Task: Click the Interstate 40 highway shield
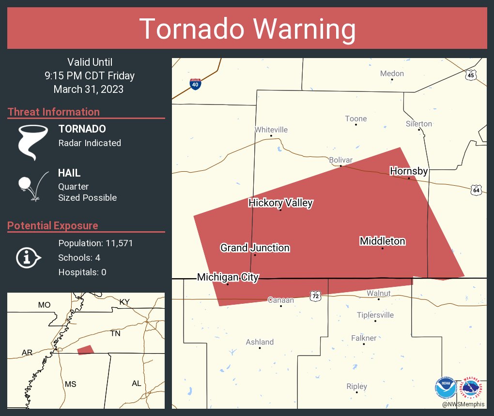coord(195,84)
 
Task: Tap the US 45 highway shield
coord(471,74)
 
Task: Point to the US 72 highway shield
coord(315,295)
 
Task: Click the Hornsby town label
coord(409,171)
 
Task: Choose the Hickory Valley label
coord(280,203)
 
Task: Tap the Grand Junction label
coord(255,248)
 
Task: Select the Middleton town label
coord(382,241)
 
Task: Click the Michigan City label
coord(228,277)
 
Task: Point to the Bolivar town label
coord(340,160)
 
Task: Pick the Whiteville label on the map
coord(271,130)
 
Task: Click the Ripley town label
coord(356,386)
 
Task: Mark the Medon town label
coord(392,74)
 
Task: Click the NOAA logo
coord(446,387)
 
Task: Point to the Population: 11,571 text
coord(95,243)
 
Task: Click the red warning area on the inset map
coord(85,350)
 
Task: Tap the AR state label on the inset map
coord(27,353)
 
